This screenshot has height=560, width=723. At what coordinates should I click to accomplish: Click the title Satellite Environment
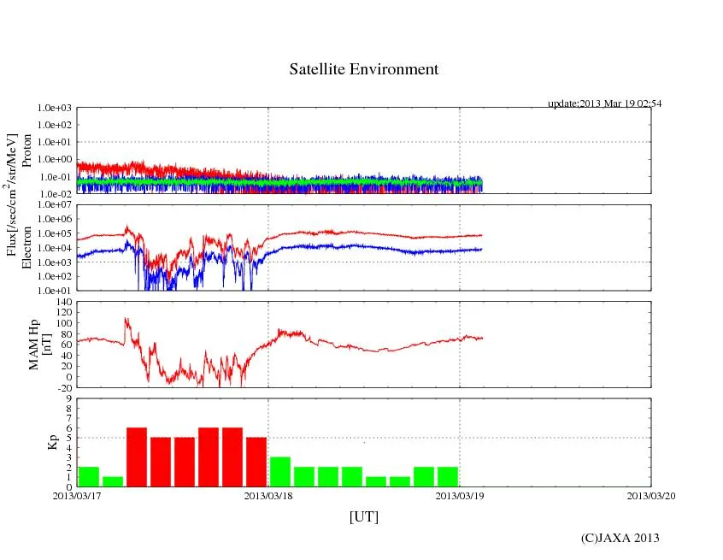pyautogui.click(x=363, y=69)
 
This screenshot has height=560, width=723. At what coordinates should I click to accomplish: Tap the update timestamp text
pyautogui.click(x=604, y=103)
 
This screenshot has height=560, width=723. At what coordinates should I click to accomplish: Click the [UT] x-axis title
pyautogui.click(x=363, y=516)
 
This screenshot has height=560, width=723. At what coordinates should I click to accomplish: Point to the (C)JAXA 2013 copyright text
pyautogui.click(x=620, y=538)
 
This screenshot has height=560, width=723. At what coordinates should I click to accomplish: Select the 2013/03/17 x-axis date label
pyautogui.click(x=77, y=495)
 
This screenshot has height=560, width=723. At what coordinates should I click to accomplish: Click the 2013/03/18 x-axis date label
pyautogui.click(x=268, y=495)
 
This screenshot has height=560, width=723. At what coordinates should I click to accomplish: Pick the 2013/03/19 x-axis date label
pyautogui.click(x=460, y=495)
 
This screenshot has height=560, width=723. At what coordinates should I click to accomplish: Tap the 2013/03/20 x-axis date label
pyautogui.click(x=651, y=495)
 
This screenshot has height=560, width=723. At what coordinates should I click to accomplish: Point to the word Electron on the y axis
pyautogui.click(x=26, y=248)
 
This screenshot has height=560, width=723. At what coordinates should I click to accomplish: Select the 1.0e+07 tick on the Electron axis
pyautogui.click(x=56, y=205)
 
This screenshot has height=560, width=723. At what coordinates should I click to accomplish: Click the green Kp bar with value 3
pyautogui.click(x=280, y=472)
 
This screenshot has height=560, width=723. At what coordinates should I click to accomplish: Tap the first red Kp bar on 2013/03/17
pyautogui.click(x=137, y=457)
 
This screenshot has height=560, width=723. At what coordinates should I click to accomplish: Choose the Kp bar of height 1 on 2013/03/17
pyautogui.click(x=113, y=481)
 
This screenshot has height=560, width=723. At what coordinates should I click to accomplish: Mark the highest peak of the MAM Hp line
pyautogui.click(x=126, y=319)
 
